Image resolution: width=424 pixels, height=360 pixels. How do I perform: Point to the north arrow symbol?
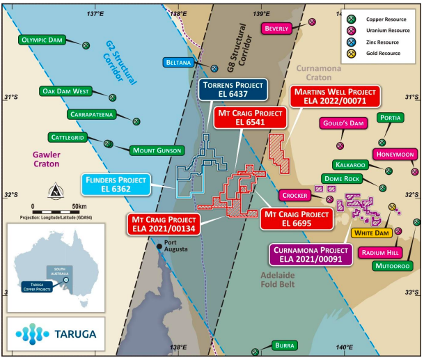[54, 190]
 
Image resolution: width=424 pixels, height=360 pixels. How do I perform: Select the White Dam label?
[372, 233]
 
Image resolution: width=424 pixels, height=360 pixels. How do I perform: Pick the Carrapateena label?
[97, 114]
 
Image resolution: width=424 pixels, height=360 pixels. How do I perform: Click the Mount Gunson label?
[156, 150]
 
